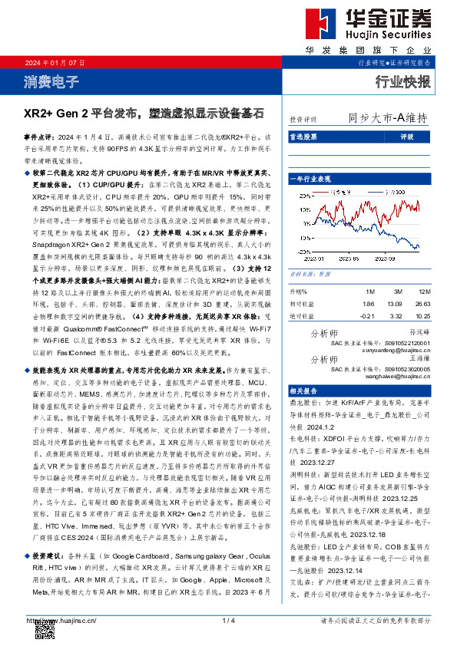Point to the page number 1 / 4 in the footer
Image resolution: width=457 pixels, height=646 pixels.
228,619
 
